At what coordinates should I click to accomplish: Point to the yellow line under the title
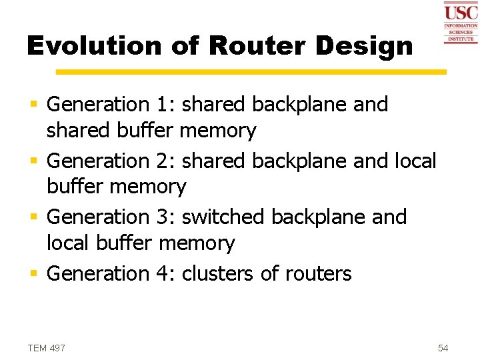(x=251, y=71)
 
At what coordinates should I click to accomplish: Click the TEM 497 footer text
(x=47, y=348)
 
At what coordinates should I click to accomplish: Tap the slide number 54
(x=443, y=348)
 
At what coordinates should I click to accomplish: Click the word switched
(x=223, y=217)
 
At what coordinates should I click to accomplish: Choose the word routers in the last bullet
(x=318, y=273)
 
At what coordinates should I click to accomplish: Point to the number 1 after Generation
(x=164, y=104)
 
